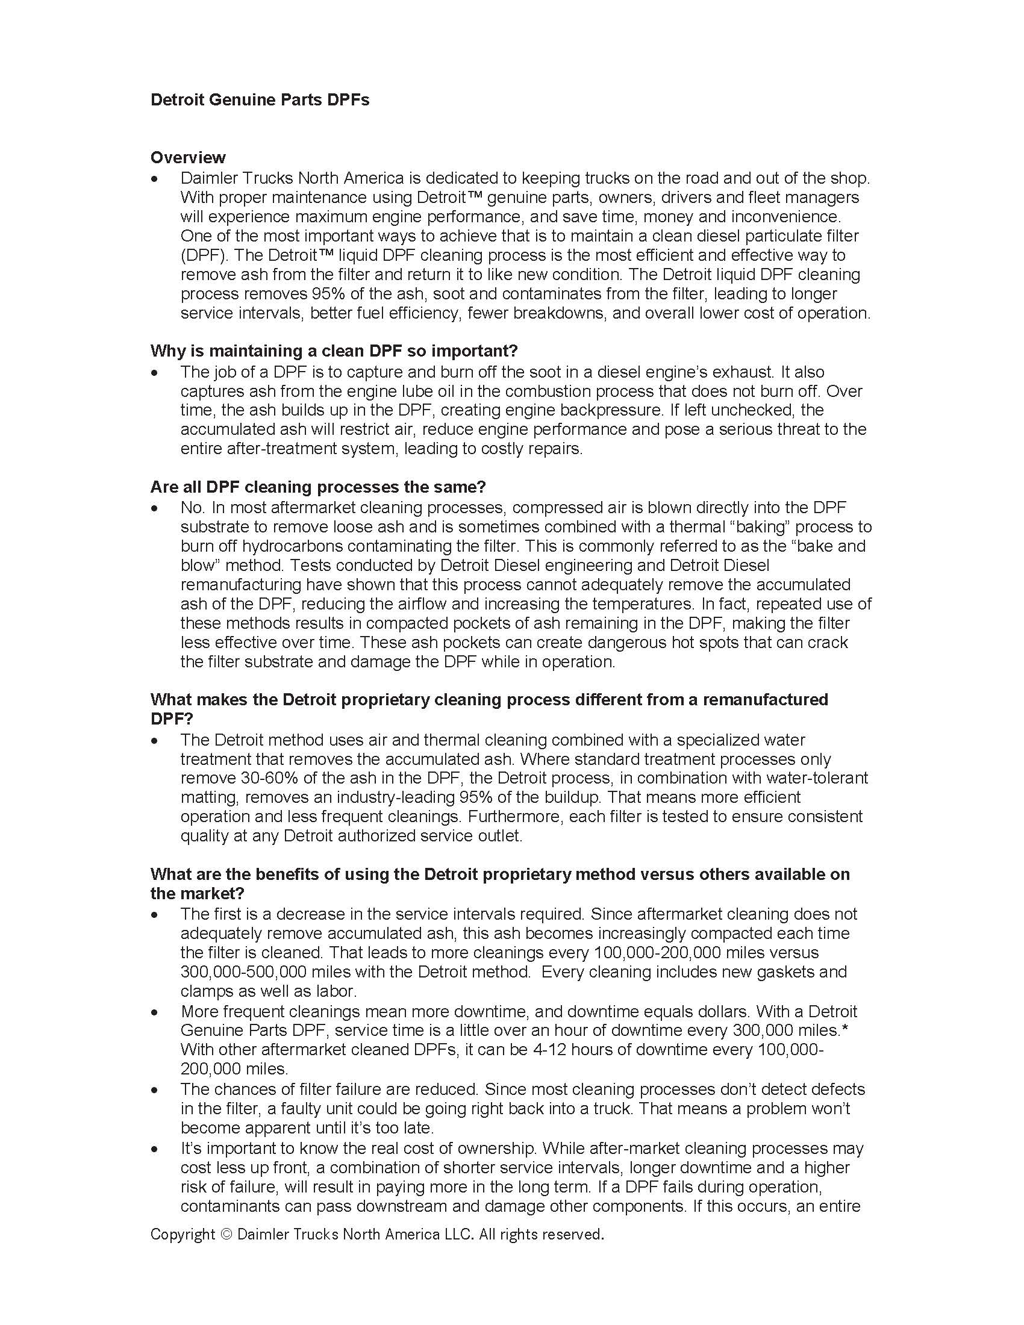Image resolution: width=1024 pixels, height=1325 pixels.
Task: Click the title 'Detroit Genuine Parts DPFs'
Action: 260,99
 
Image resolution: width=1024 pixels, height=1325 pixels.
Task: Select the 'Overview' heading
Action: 187,158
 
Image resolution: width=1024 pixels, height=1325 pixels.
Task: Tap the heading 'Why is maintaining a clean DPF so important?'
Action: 334,351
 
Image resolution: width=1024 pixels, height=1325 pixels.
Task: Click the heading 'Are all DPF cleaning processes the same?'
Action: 318,487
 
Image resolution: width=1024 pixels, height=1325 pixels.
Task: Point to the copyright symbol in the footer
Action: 226,1234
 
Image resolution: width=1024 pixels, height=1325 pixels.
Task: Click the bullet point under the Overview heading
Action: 156,179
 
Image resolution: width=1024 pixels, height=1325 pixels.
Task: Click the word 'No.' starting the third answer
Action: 193,507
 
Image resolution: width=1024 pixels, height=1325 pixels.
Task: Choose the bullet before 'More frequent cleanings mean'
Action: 156,1012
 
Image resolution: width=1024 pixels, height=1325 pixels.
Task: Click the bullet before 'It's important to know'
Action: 156,1149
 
